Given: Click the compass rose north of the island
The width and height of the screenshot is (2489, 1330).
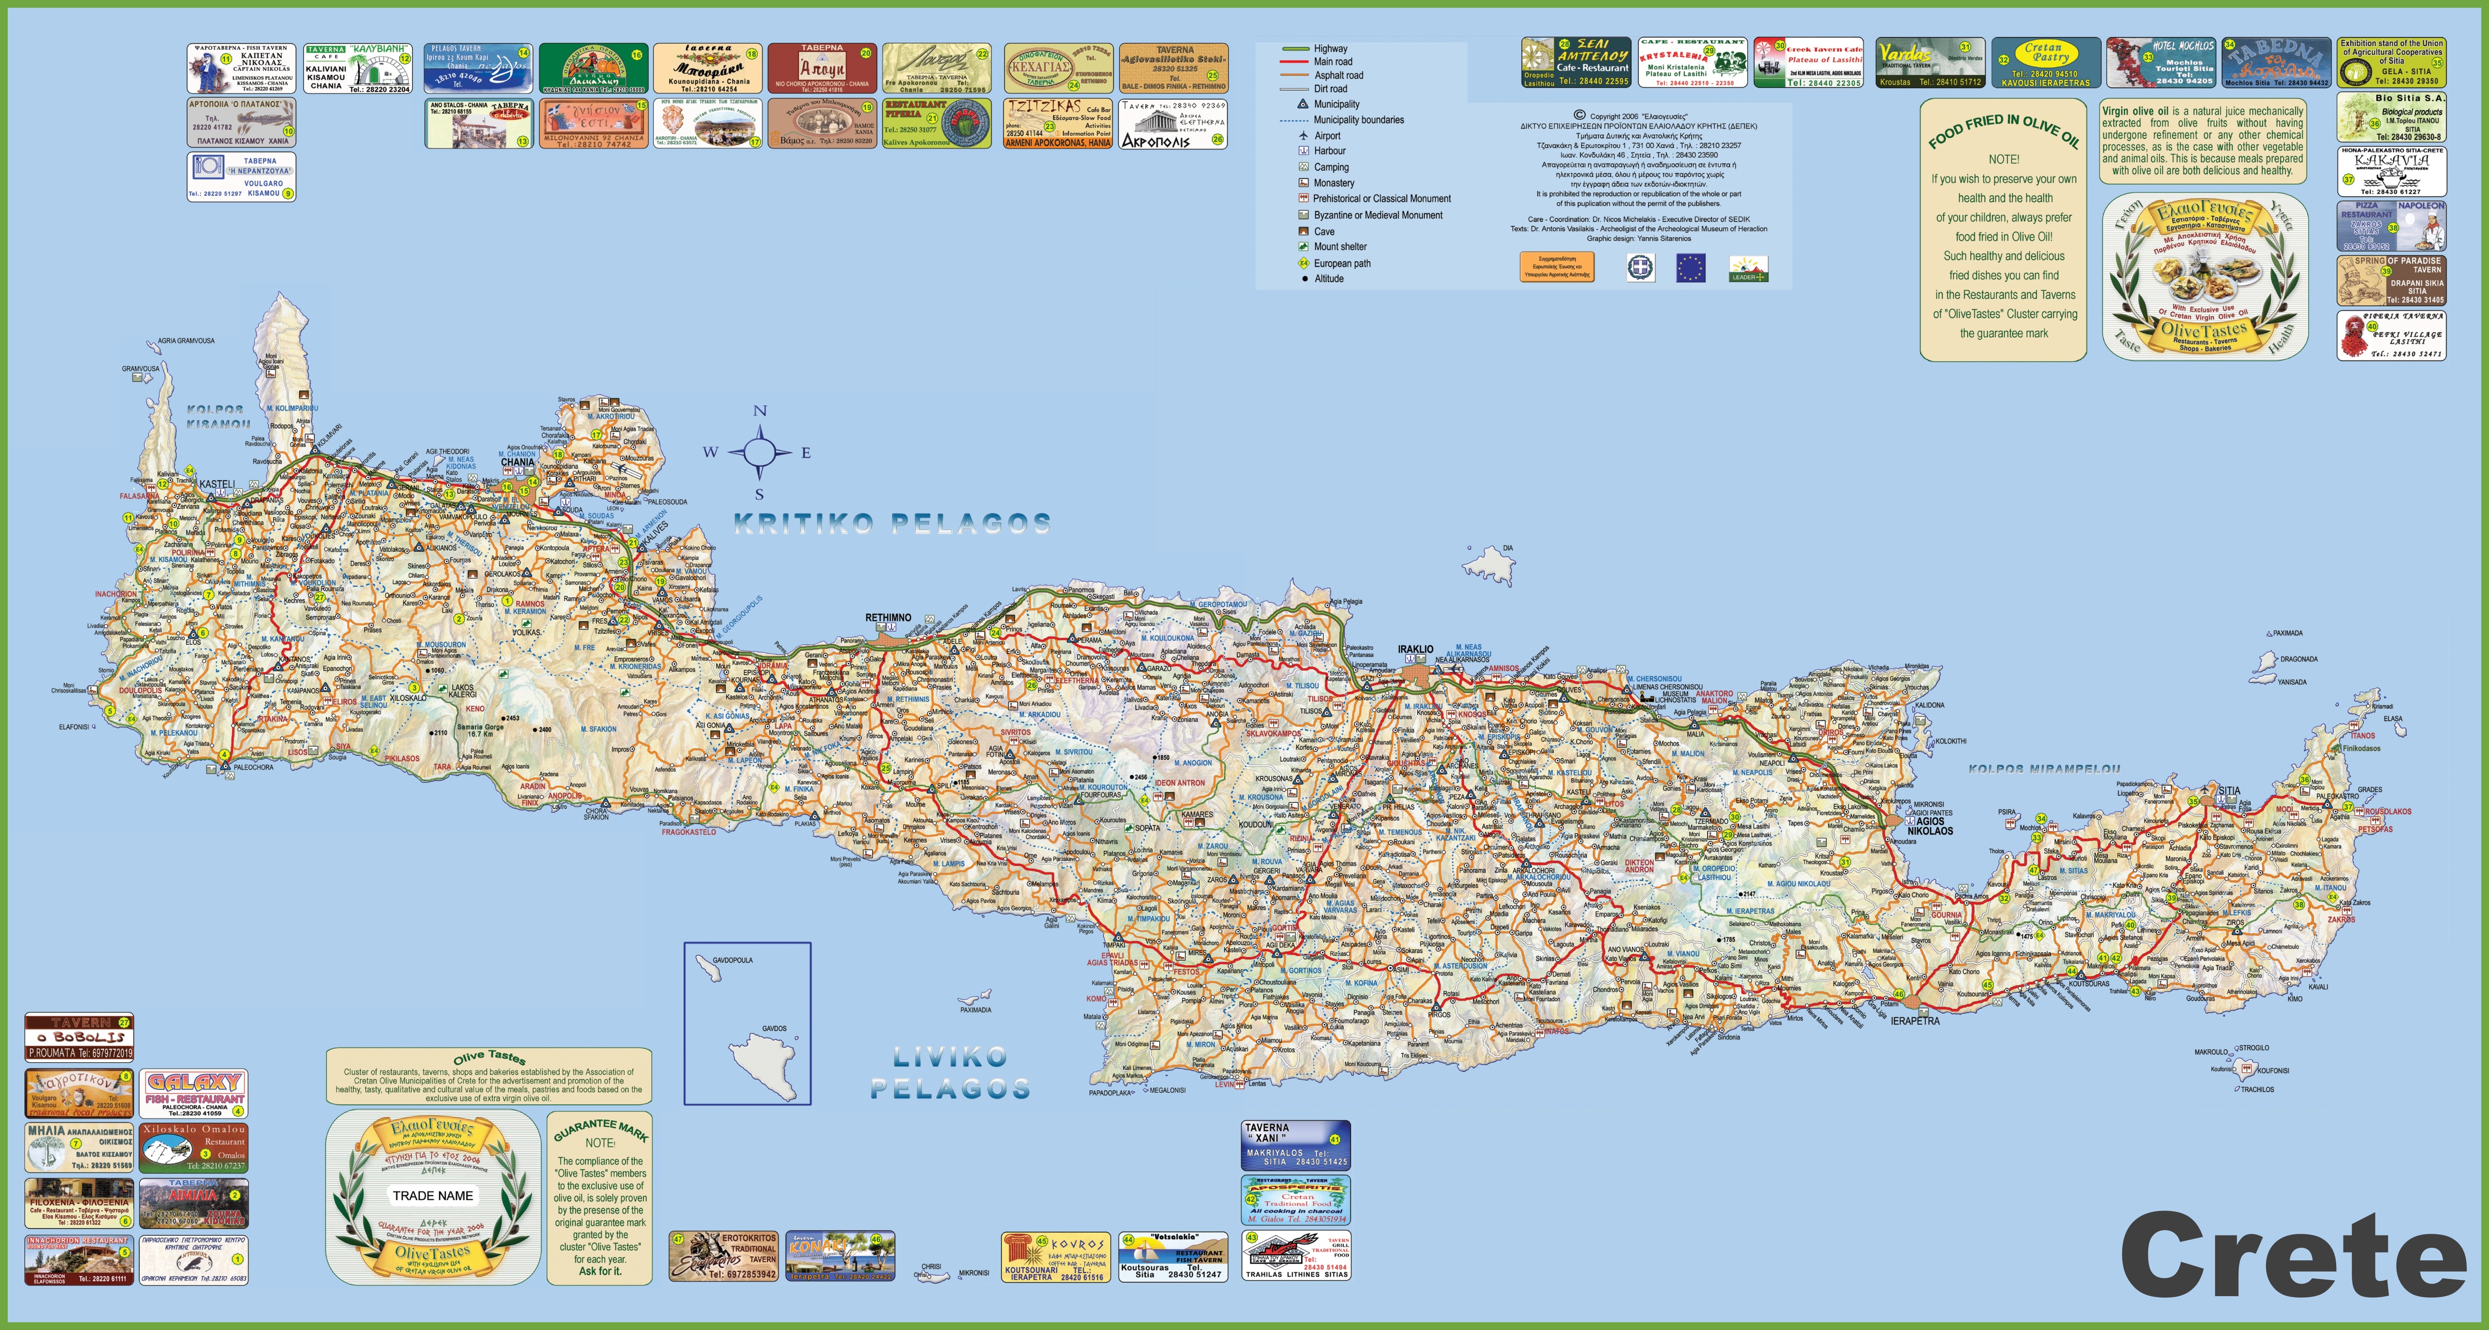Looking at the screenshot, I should [x=759, y=451].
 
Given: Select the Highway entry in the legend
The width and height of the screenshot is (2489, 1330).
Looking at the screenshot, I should [x=1329, y=49].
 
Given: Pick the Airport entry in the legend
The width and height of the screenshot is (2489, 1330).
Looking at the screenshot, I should [x=1327, y=135].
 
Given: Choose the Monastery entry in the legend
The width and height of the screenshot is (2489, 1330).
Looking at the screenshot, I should [x=1334, y=183].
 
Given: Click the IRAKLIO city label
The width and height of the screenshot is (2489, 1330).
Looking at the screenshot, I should [x=1415, y=650].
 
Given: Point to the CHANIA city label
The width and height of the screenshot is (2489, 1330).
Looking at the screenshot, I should [x=517, y=462].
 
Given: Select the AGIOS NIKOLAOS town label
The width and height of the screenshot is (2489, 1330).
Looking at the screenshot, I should [x=1929, y=827].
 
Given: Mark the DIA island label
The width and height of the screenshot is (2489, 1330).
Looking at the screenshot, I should [x=1507, y=548].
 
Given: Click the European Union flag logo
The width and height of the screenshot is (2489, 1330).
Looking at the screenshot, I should [x=1690, y=268].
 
